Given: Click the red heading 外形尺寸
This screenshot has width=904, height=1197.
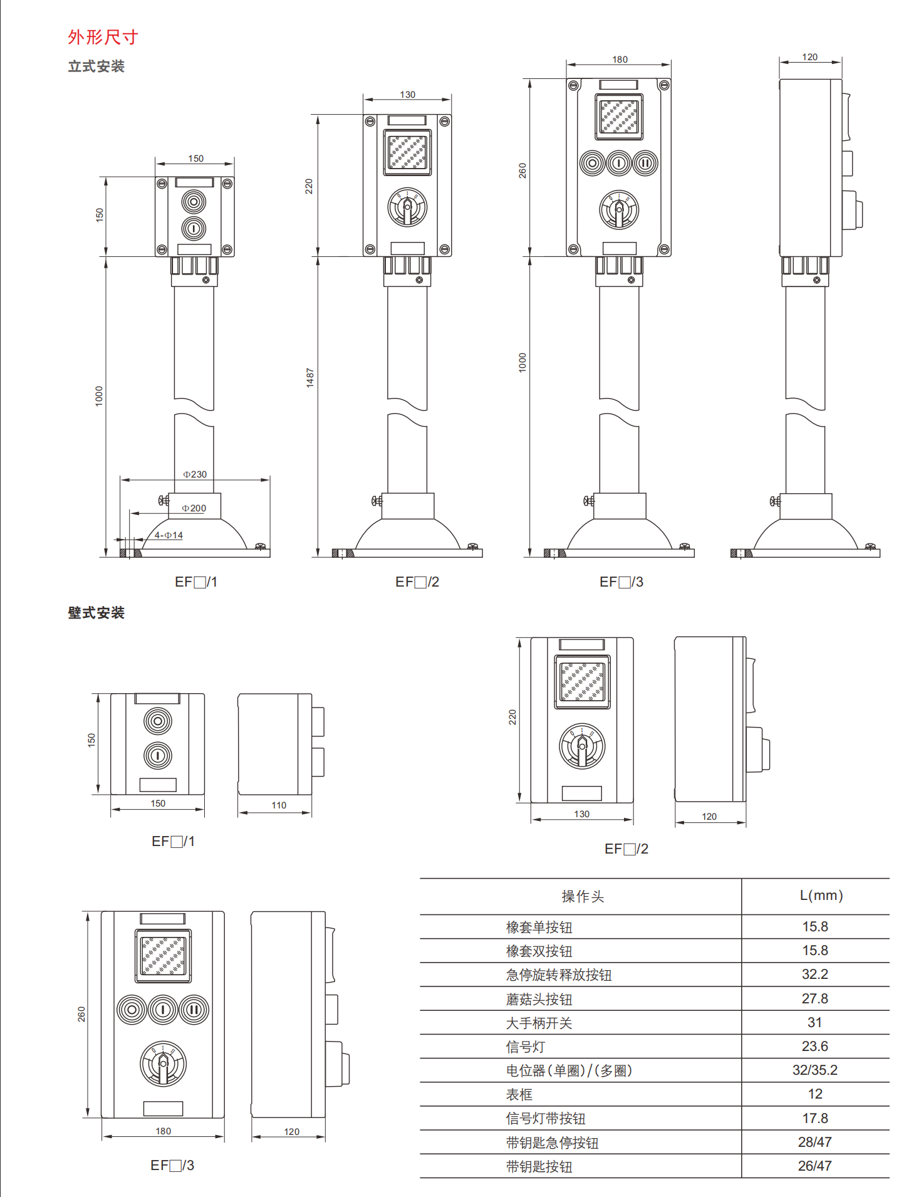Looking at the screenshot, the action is pyautogui.click(x=103, y=37).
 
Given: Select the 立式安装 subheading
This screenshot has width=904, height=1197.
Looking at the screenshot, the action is pyautogui.click(x=96, y=66).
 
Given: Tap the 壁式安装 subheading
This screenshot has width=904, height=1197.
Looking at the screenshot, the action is pyautogui.click(x=96, y=613).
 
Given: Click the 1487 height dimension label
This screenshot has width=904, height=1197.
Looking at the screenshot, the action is pyautogui.click(x=310, y=378).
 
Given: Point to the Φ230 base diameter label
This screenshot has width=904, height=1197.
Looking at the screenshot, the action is pyautogui.click(x=195, y=474).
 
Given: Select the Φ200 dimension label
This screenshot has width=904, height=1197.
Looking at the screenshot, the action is pyautogui.click(x=194, y=508).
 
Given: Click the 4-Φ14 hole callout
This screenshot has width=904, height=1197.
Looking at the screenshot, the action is pyautogui.click(x=169, y=535).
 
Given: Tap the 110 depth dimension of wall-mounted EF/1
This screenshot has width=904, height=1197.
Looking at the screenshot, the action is pyautogui.click(x=279, y=805).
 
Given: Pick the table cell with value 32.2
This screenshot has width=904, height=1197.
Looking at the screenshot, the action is pyautogui.click(x=815, y=975).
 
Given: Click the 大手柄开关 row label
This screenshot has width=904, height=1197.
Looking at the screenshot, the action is pyautogui.click(x=539, y=1023).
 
